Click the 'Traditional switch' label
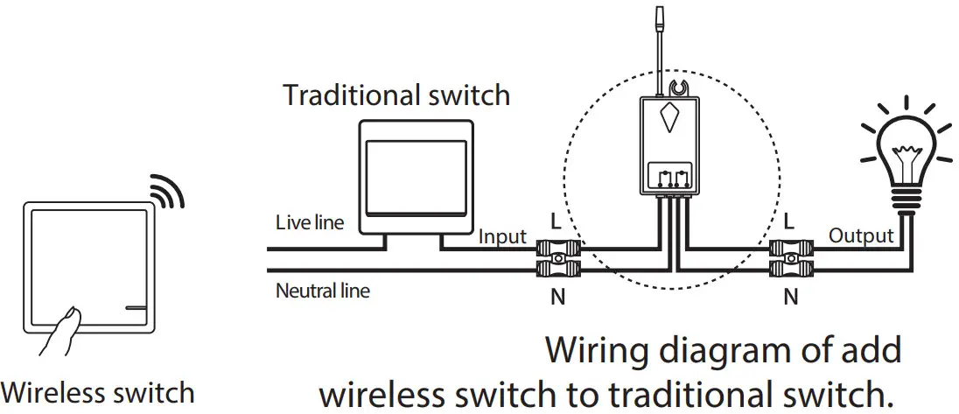coord(396,95)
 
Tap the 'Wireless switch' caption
coord(98,392)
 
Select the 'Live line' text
coord(310,222)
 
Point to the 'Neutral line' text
coord(322,291)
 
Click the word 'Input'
coord(502,236)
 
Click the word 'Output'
coord(861,235)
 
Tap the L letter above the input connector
coord(556,221)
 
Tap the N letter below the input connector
coord(556,298)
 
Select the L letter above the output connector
coord(790,221)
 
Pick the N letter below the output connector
coord(790,298)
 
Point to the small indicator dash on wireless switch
coord(136,307)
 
